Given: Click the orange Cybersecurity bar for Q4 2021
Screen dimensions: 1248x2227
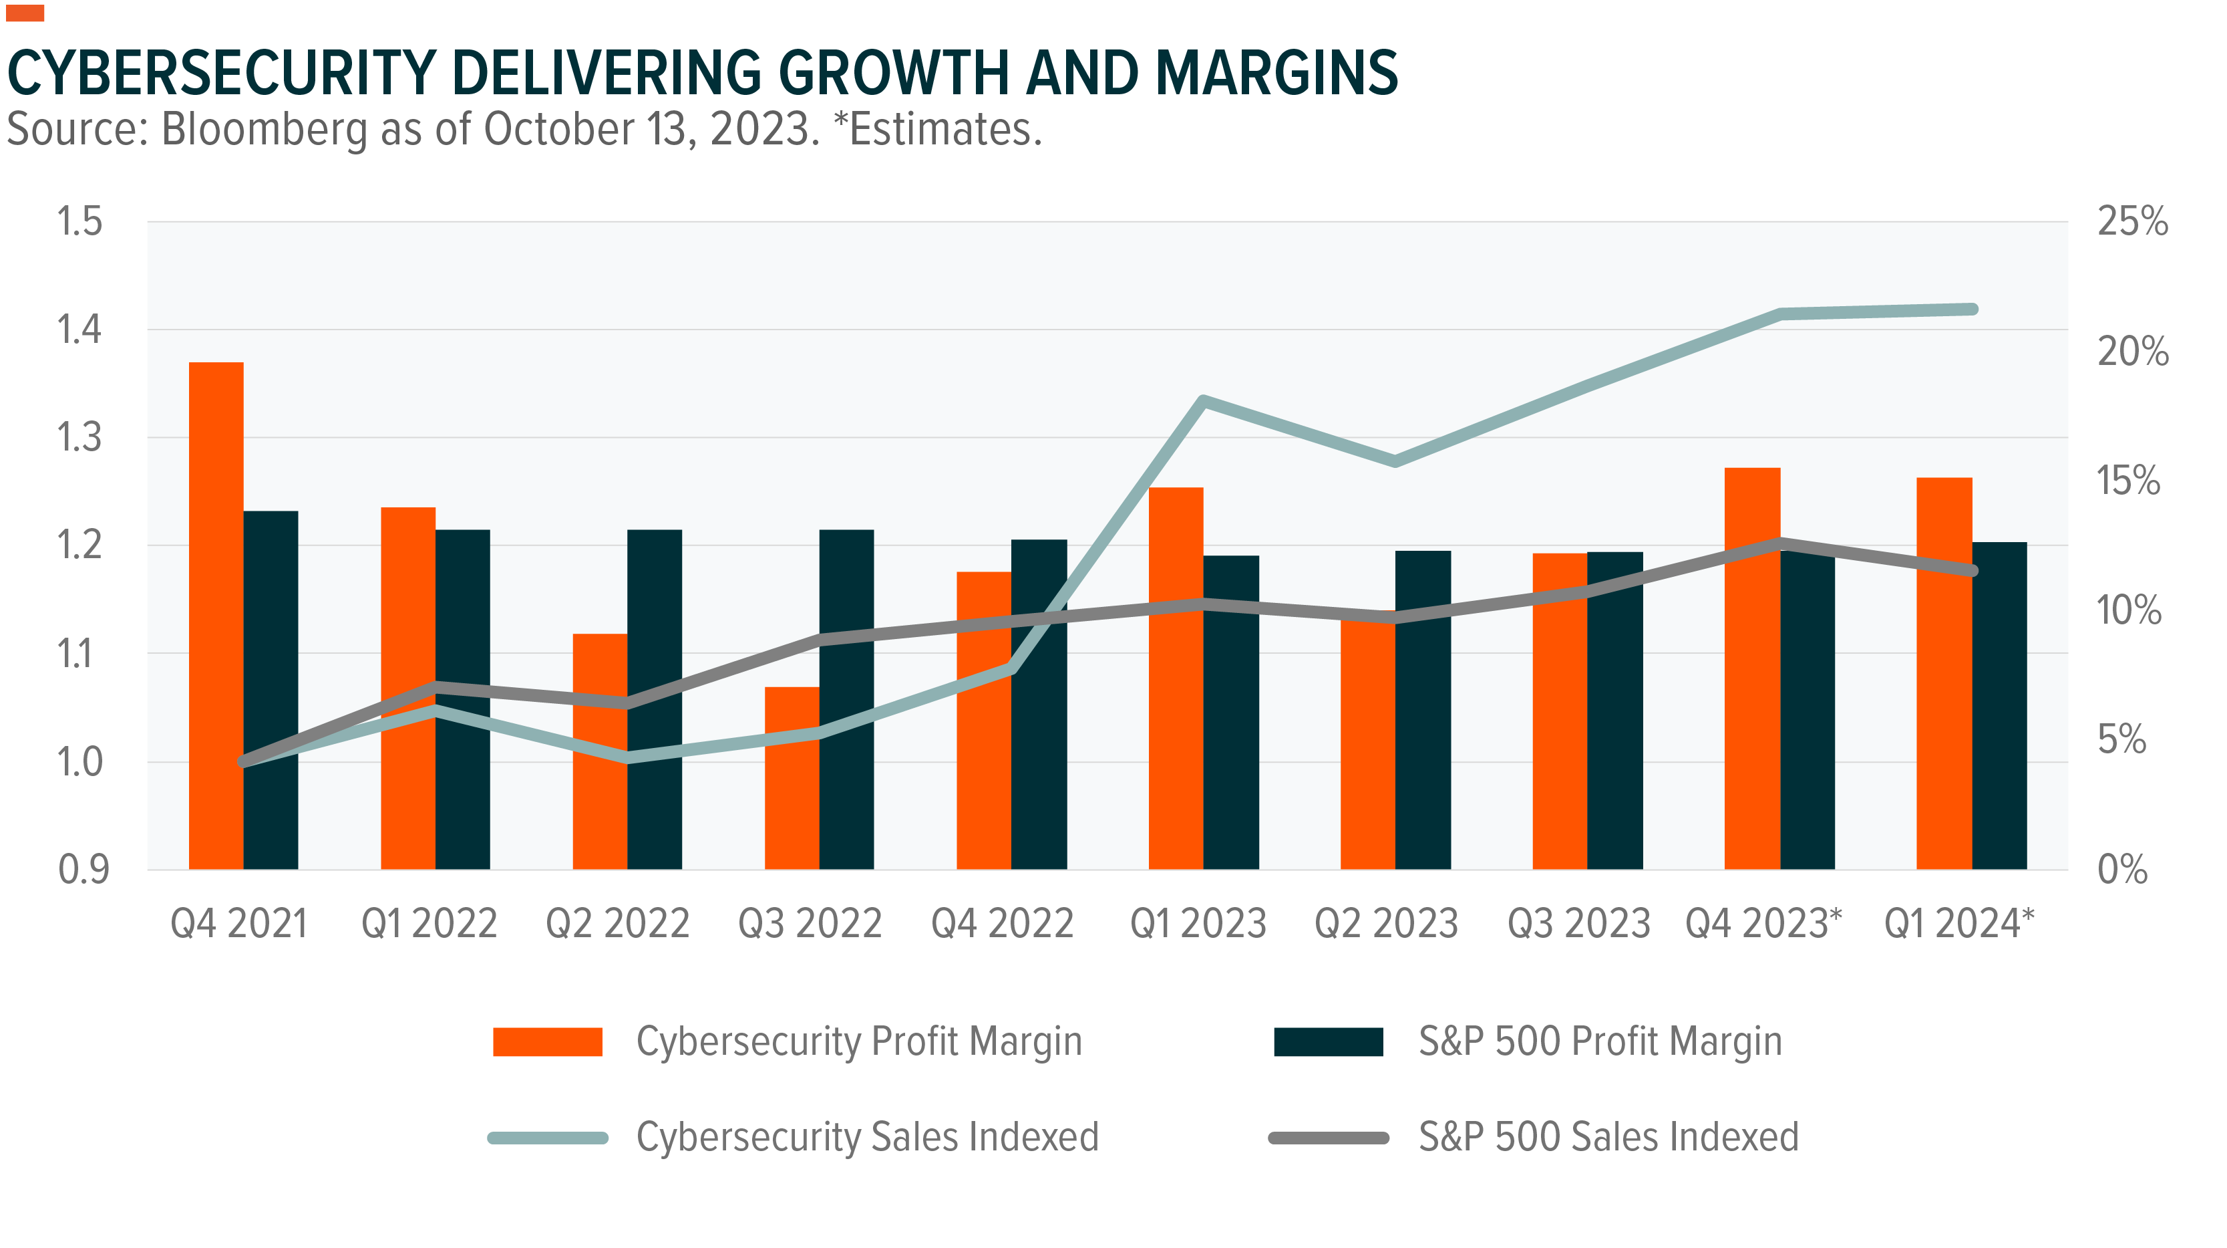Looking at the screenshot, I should [216, 614].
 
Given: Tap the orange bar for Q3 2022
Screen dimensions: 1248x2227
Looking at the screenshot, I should [792, 778].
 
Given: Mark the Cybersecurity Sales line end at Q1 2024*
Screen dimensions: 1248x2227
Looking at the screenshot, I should [1972, 309].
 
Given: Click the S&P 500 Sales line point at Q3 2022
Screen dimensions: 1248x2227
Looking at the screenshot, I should [820, 639].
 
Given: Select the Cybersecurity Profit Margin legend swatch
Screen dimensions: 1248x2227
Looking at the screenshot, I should [547, 1041].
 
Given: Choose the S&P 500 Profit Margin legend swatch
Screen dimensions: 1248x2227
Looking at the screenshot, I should [1328, 1041].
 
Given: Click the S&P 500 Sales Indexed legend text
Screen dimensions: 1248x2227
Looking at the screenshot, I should [1608, 1137].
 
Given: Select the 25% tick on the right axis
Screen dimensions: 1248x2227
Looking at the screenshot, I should [2132, 221].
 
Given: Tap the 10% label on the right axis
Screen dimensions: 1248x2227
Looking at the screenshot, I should [2128, 610].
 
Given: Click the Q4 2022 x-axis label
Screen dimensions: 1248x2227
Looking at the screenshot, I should [1002, 924].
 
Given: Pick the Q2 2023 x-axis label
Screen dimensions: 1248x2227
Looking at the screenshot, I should [1386, 924].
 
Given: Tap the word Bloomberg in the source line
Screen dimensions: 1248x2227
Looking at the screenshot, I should [265, 130].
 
